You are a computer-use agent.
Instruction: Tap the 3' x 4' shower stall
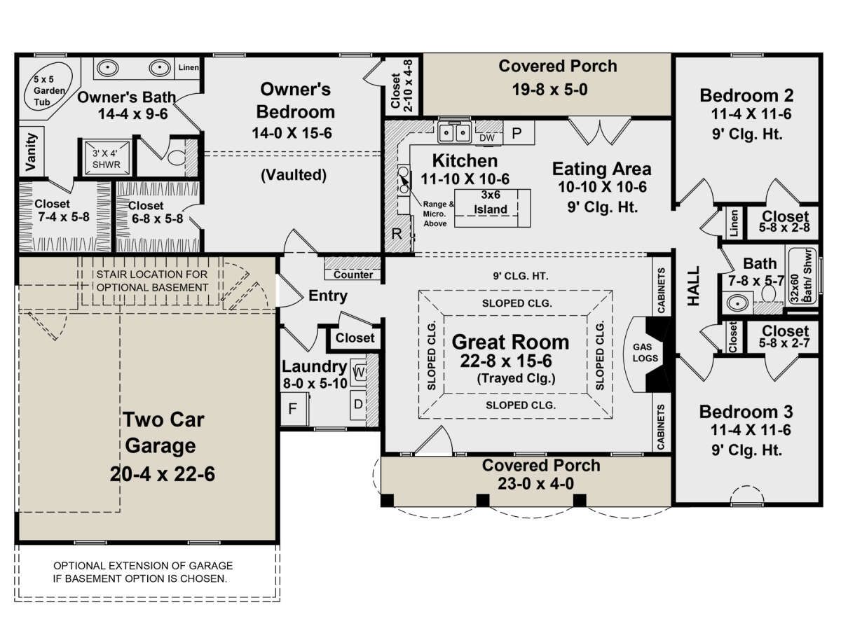click(x=107, y=158)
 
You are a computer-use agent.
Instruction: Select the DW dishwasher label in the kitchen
click(x=487, y=138)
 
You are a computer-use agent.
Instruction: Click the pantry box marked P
click(x=518, y=133)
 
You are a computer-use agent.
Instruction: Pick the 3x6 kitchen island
click(x=492, y=208)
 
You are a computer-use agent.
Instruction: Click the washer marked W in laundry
click(x=358, y=372)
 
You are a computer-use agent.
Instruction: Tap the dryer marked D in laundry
click(x=358, y=404)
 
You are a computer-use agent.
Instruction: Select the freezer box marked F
click(x=294, y=408)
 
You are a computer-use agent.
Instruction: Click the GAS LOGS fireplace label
click(x=645, y=353)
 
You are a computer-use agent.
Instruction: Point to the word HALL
click(x=694, y=286)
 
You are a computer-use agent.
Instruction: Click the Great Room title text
click(x=510, y=342)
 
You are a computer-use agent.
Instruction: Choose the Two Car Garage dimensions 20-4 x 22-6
click(x=163, y=474)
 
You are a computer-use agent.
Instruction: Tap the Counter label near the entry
click(x=353, y=275)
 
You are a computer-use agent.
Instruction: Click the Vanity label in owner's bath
click(x=31, y=151)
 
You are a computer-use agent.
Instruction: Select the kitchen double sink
click(x=455, y=132)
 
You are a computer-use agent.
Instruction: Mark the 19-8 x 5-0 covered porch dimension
click(x=549, y=90)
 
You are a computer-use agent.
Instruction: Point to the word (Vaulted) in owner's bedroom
click(x=294, y=174)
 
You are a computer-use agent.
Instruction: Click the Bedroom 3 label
click(x=746, y=412)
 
